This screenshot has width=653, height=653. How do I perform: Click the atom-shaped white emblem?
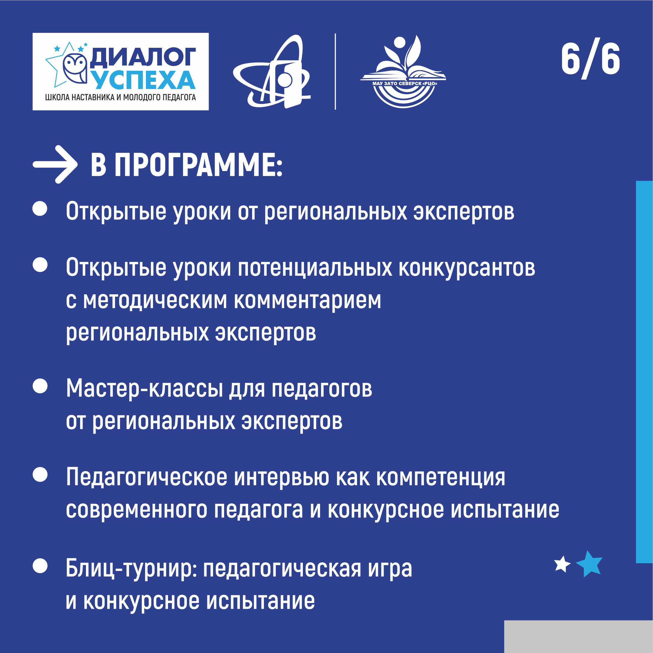(x=272, y=72)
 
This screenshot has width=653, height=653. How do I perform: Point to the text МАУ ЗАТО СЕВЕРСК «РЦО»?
(x=405, y=83)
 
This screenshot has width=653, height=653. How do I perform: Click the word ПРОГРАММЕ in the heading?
(x=198, y=165)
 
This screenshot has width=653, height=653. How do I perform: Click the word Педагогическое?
(x=147, y=478)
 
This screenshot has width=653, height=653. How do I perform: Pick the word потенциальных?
(x=315, y=268)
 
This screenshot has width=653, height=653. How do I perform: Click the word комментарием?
(x=308, y=301)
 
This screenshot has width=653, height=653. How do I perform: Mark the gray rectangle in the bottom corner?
(x=578, y=636)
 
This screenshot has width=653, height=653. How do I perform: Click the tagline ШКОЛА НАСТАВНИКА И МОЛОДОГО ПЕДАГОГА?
(x=121, y=97)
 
